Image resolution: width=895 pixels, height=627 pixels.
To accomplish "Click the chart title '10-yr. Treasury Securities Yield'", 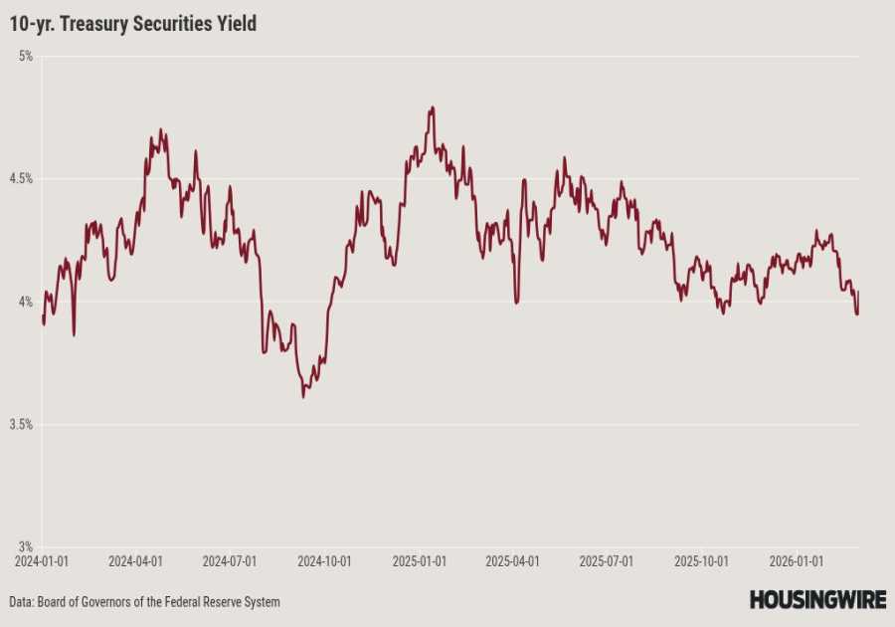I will [133, 23].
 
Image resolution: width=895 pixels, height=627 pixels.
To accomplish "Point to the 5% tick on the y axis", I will [25, 57].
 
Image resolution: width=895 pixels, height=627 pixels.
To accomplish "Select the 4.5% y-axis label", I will [21, 179].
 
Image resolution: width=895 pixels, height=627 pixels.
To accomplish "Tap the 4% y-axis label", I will [25, 302].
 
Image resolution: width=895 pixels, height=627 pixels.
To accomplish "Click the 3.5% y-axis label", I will [21, 424].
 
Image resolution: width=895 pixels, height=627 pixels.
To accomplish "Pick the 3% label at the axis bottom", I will [25, 546].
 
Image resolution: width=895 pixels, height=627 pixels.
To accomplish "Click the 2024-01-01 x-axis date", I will [42, 561].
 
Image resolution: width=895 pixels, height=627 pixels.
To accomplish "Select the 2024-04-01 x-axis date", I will [135, 561].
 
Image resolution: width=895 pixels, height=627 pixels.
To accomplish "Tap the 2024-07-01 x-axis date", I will [230, 561].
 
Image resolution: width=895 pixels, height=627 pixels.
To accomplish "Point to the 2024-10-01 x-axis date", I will [325, 561].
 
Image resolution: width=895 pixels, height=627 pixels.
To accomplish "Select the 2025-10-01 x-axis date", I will [702, 561].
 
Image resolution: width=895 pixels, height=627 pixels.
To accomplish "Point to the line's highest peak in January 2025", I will [432, 107].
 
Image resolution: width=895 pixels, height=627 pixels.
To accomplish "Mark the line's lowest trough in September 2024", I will [303, 397].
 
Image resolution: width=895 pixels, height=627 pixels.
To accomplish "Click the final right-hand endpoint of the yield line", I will [858, 292].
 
